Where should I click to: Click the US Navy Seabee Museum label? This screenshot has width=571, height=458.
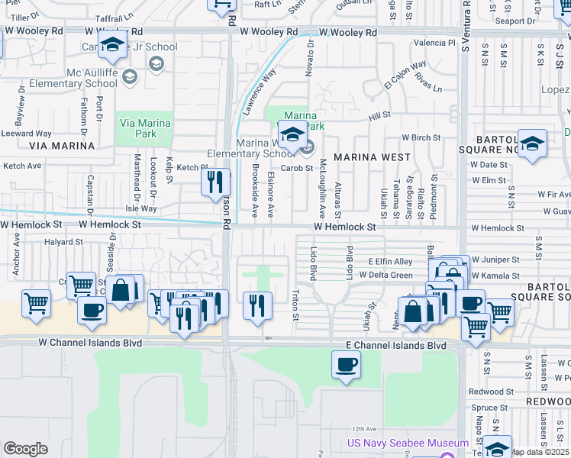pos(408,443)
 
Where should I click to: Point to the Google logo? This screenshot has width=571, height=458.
pos(26,449)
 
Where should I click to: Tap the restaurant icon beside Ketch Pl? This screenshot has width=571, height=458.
pos(215,182)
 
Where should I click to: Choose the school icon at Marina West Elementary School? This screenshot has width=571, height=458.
pos(291,136)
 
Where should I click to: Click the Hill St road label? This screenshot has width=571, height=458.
pos(379,115)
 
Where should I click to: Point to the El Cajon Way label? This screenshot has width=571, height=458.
pos(405,76)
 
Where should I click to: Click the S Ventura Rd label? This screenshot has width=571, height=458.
pos(464,31)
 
